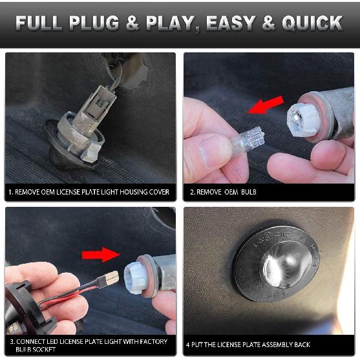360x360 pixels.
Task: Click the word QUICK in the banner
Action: (x=312, y=23)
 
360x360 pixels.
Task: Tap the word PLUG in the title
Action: (x=94, y=23)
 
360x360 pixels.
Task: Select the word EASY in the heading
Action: (x=231, y=23)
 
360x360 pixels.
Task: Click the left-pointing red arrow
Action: (x=266, y=105)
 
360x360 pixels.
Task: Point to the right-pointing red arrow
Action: (x=101, y=255)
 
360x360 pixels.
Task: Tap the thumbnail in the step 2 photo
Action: (x=214, y=151)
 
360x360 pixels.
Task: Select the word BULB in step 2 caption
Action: (x=249, y=192)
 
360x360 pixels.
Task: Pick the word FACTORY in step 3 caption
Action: (x=154, y=342)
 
